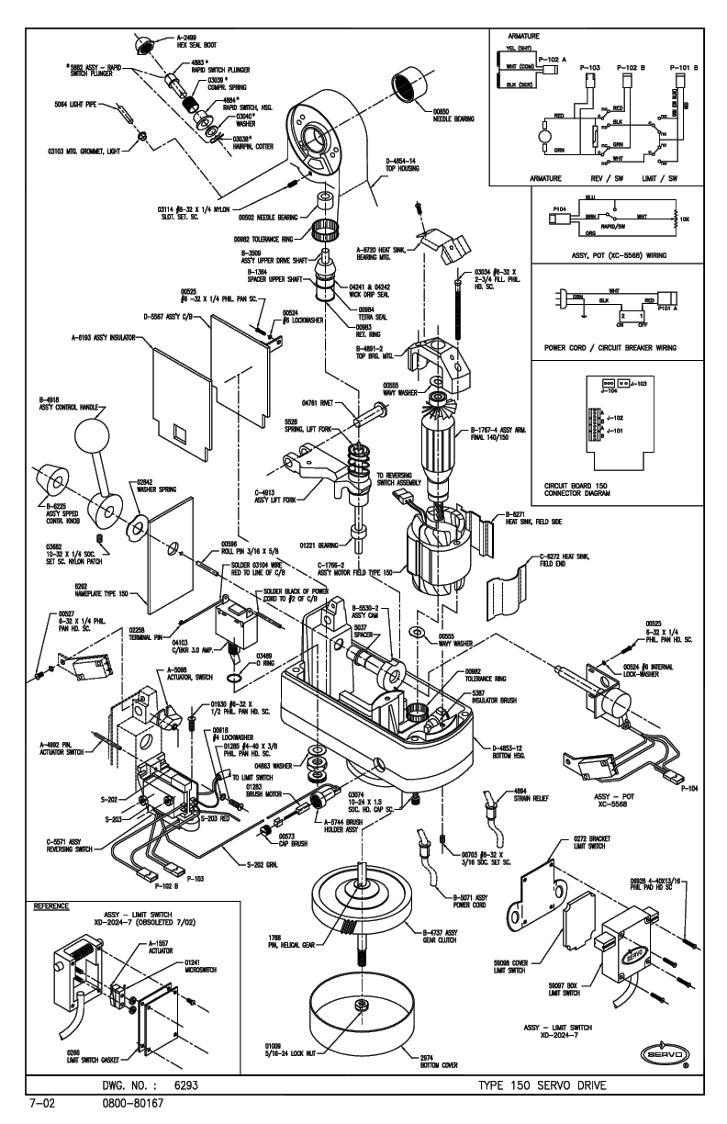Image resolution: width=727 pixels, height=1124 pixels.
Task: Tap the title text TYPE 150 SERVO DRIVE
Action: click(x=543, y=1085)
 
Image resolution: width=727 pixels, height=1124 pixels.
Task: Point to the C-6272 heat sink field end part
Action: click(x=531, y=597)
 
